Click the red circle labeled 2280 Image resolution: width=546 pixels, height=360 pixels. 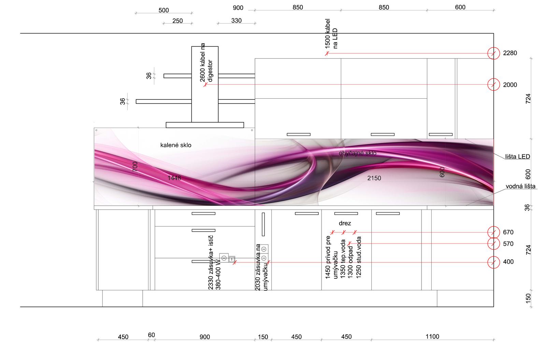point(493,53)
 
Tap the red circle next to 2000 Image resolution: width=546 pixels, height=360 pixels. point(493,84)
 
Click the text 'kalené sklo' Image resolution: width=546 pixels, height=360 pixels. point(176,145)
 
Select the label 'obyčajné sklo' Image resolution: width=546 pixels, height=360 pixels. point(358,153)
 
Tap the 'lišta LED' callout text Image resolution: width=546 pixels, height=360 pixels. point(518,157)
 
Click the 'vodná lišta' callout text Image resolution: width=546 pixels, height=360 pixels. point(520,186)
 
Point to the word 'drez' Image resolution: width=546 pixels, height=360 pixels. point(345,223)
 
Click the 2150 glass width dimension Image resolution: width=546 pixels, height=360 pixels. point(374,178)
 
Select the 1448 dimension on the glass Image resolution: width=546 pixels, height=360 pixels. point(174,178)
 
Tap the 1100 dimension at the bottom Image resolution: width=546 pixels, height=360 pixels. point(432,337)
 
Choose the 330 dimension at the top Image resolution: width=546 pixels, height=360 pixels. point(236,21)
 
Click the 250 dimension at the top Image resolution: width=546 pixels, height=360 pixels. point(177,21)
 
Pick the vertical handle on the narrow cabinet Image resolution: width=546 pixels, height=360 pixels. point(263,224)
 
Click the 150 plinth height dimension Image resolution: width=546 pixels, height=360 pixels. point(528,298)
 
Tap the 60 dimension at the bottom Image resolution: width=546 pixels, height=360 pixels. point(152,335)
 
